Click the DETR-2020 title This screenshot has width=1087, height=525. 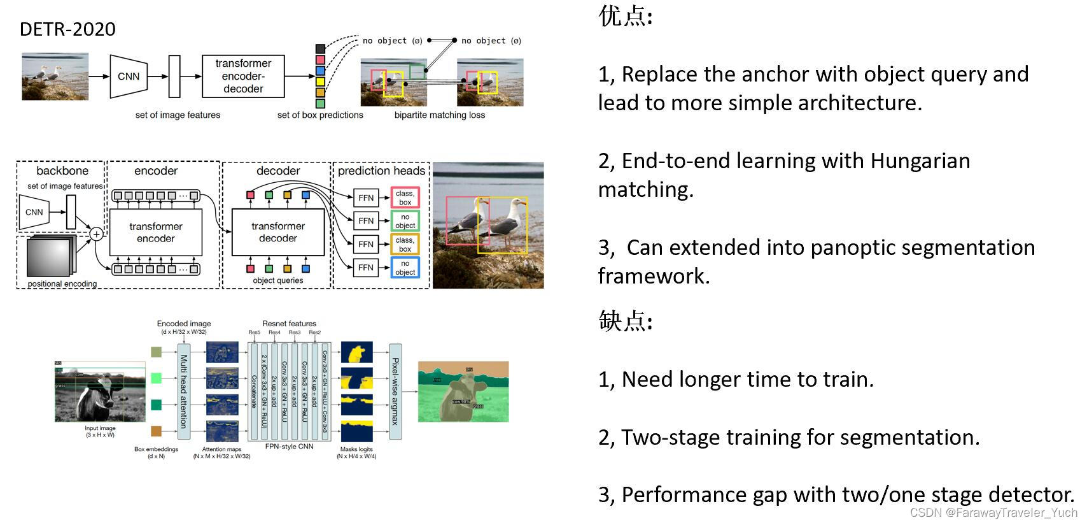(x=67, y=29)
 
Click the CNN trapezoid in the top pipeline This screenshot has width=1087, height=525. (x=129, y=76)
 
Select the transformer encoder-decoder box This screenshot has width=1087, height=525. (x=243, y=76)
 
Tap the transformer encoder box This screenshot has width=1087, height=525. (x=155, y=233)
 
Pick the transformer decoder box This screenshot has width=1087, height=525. (x=278, y=233)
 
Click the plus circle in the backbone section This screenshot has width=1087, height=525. (x=96, y=234)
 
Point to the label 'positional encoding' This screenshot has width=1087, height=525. (x=62, y=284)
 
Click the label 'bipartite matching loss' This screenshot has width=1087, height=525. (x=439, y=115)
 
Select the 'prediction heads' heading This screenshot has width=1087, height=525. (x=381, y=171)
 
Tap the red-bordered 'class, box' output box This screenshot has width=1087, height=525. (x=405, y=198)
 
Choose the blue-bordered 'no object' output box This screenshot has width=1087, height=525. (x=405, y=268)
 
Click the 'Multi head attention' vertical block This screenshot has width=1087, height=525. (x=184, y=391)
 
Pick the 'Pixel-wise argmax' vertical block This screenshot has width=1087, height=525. (x=395, y=391)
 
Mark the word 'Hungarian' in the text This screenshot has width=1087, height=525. (x=920, y=161)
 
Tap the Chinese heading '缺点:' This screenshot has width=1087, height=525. (x=625, y=321)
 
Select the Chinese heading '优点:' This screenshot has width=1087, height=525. (x=625, y=17)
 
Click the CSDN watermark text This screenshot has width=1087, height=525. (x=993, y=513)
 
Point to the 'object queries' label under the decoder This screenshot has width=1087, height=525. (x=277, y=281)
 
